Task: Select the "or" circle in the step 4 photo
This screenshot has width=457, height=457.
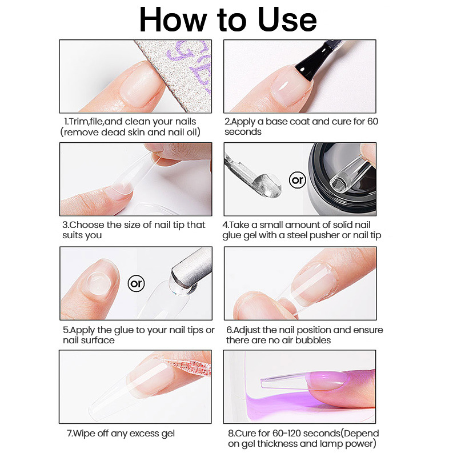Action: (297, 180)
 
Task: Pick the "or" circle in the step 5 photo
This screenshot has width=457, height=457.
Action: (136, 283)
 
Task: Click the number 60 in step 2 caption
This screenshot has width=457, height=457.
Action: (372, 121)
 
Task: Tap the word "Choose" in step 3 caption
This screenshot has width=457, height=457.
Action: (87, 225)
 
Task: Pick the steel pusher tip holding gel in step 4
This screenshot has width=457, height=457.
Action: (267, 185)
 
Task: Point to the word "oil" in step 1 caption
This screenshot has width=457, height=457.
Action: (191, 132)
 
